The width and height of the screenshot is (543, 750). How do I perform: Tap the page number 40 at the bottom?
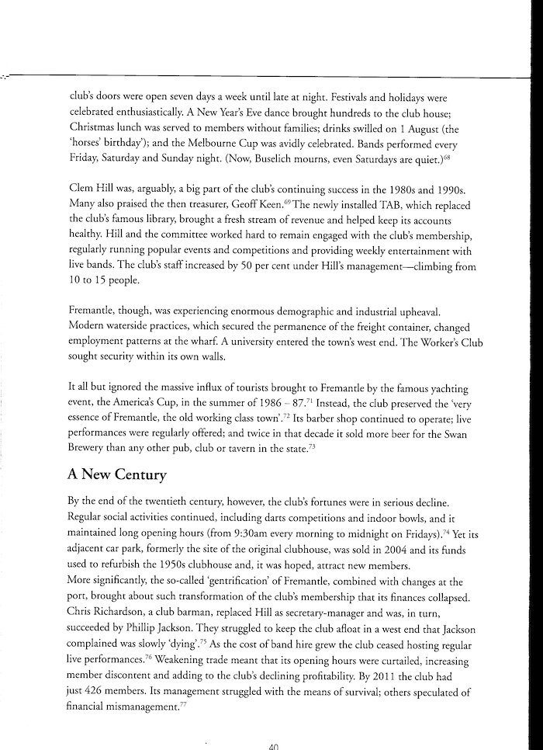point(271,745)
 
